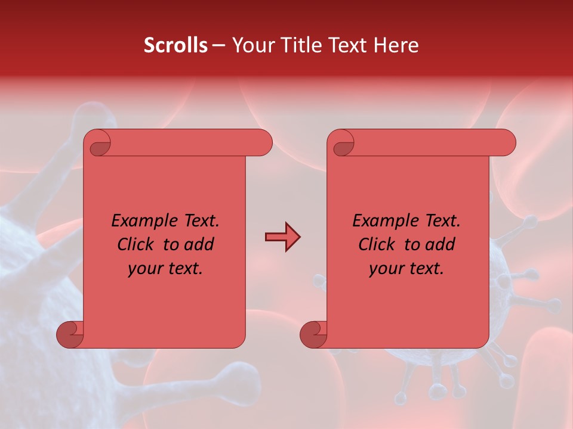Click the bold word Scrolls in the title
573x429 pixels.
(x=175, y=45)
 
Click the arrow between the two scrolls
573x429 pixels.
(x=282, y=237)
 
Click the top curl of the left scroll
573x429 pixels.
(x=99, y=144)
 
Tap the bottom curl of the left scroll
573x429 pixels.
(x=69, y=335)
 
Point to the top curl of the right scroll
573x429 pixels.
(x=343, y=144)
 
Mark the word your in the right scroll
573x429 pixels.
(x=385, y=269)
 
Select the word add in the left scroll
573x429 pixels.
(x=200, y=245)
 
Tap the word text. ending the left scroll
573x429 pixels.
(x=183, y=269)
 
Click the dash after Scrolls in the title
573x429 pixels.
(x=218, y=46)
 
